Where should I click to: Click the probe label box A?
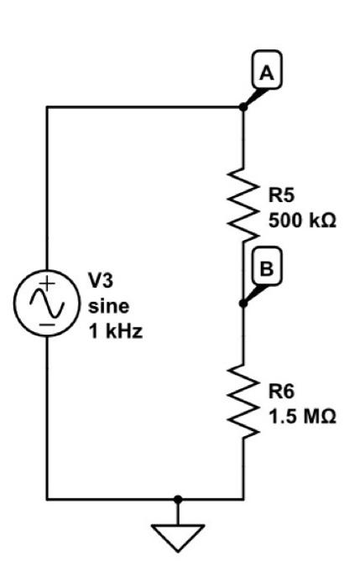[x=267, y=74]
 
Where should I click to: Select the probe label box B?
[x=267, y=269]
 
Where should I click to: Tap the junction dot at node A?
[x=243, y=107]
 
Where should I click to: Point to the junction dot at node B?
[x=243, y=303]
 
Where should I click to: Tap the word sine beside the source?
[x=107, y=306]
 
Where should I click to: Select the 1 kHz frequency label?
[x=115, y=331]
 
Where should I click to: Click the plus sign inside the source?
[x=47, y=284]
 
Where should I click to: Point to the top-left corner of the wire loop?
[x=47, y=107]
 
